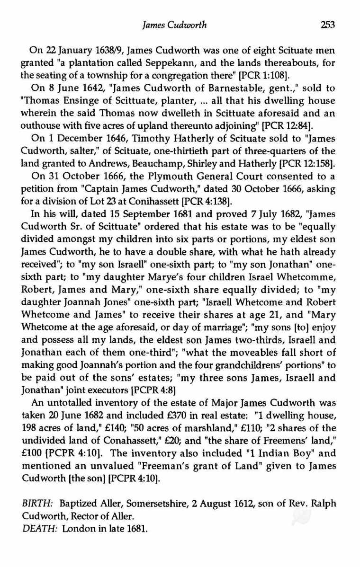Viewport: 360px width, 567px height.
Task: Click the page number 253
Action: pyautogui.click(x=327, y=25)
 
